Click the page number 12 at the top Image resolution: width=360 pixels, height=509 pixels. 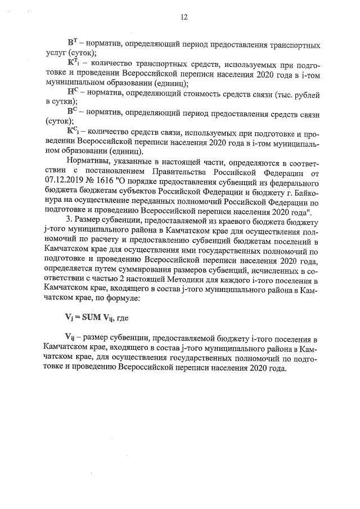183,17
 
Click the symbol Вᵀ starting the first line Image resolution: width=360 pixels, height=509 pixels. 71,43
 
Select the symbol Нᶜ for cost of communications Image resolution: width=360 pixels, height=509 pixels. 71,93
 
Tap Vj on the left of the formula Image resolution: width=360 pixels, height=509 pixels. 70,318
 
